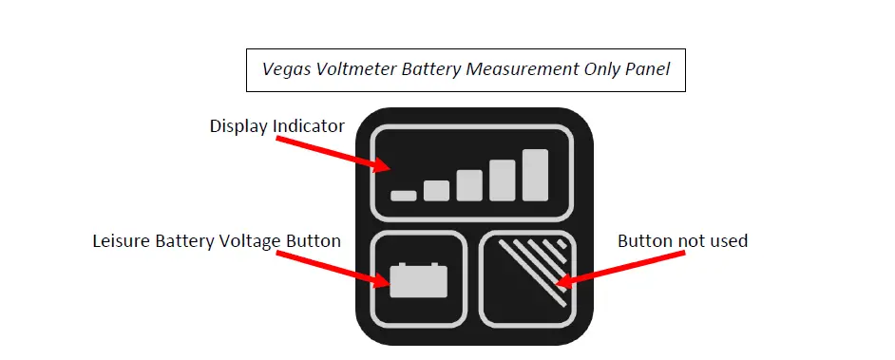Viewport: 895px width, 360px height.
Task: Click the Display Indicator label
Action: coord(276,126)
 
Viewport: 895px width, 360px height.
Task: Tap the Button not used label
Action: coord(682,241)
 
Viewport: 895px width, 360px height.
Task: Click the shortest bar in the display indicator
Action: coord(404,196)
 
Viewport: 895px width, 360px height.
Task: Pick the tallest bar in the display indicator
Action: coord(535,175)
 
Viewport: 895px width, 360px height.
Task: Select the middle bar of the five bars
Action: coord(469,185)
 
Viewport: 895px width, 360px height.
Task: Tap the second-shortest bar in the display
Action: coord(436,191)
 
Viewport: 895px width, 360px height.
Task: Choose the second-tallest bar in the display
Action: coord(503,180)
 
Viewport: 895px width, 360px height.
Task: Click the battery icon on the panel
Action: coord(418,279)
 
